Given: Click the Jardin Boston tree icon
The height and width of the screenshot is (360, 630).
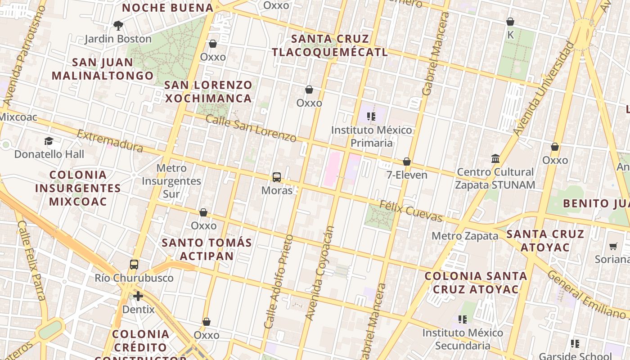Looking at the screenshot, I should click(x=118, y=25).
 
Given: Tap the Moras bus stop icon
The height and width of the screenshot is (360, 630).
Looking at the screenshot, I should click(x=277, y=177).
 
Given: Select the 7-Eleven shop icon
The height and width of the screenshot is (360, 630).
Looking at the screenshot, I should click(x=407, y=162).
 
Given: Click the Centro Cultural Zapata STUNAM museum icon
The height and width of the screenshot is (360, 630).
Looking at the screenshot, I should click(x=495, y=158).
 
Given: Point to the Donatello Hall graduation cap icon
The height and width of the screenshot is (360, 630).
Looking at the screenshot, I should click(x=49, y=141).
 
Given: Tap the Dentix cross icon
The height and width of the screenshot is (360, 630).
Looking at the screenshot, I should click(x=138, y=296).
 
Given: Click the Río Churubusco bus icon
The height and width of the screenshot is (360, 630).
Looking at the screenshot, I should click(x=134, y=264).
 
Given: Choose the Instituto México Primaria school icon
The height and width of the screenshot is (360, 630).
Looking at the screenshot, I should click(x=371, y=117).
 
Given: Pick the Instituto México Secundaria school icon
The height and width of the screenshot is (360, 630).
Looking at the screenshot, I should click(x=463, y=319).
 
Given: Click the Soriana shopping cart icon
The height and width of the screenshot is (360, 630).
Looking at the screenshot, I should click(x=613, y=246).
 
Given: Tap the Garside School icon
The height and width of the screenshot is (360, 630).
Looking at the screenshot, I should click(x=575, y=344).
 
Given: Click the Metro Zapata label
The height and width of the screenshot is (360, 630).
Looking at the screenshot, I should click(x=465, y=236).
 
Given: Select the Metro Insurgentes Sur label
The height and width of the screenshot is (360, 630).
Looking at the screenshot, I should click(x=171, y=181).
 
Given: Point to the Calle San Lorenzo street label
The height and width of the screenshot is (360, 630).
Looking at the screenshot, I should click(x=251, y=128).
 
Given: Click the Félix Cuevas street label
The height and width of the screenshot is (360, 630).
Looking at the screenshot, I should click(x=411, y=211).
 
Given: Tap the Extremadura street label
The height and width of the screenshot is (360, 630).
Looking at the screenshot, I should click(x=110, y=141).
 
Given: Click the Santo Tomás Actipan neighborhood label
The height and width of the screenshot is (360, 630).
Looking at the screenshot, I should click(x=207, y=249).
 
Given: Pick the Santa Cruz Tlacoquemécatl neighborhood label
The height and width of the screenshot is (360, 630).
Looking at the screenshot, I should click(x=330, y=45).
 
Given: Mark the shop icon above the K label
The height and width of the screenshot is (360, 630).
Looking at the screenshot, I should click(x=510, y=22).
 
